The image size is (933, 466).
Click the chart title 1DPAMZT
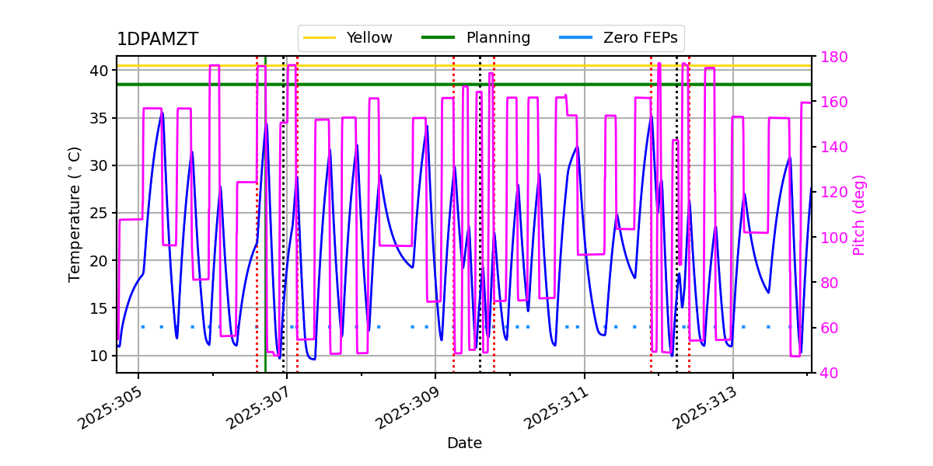point(157,40)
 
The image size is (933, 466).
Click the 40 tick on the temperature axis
point(99,71)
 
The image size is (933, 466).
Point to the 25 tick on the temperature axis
point(99,214)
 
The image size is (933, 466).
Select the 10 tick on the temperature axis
point(99,356)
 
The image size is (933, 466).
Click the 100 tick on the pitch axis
point(833,238)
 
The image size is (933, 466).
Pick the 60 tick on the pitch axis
point(828,328)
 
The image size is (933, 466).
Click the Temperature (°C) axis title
point(75,214)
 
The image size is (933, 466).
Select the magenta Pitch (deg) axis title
point(859,214)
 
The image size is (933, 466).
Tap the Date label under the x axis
point(464,443)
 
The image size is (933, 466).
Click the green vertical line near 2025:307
point(265,233)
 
